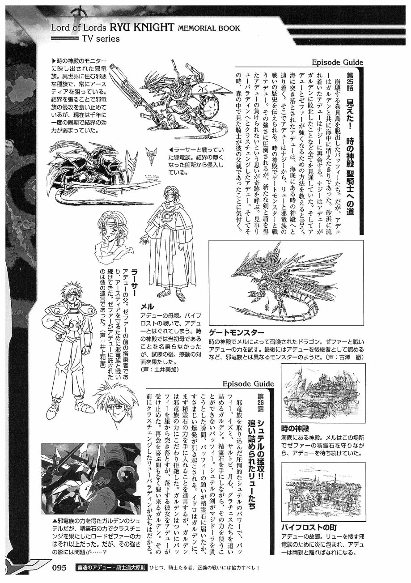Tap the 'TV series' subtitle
101,38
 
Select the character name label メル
147,306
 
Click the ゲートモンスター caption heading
237,332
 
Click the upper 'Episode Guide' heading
337,63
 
